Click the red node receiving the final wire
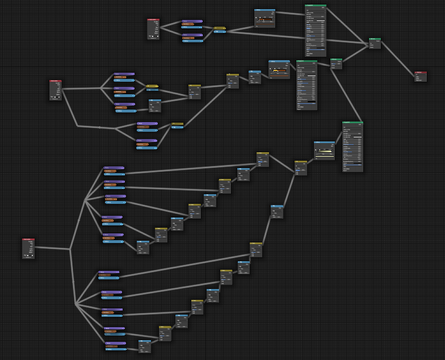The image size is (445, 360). tap(420, 76)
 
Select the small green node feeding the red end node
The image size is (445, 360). tap(375, 43)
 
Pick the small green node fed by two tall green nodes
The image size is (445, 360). tap(336, 64)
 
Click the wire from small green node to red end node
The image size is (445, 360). tap(397, 59)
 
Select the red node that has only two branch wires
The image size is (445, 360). tap(153, 29)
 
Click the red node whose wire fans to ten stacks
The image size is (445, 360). tap(28, 248)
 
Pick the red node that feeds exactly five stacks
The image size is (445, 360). tap(56, 90)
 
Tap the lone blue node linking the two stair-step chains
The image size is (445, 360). tap(277, 211)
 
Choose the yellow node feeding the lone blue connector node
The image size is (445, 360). tap(256, 250)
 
